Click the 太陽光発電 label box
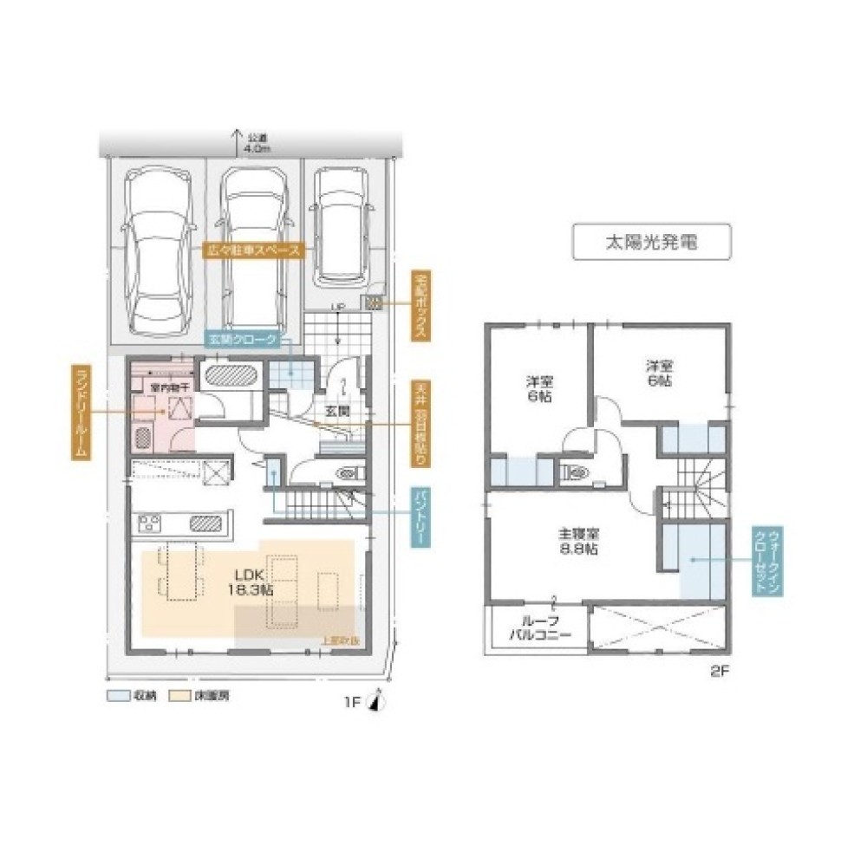click(x=651, y=243)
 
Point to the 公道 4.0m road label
click(x=258, y=143)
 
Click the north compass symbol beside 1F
click(x=374, y=703)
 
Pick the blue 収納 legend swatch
click(x=117, y=695)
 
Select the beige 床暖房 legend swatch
click(x=179, y=695)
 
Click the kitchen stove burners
click(x=150, y=523)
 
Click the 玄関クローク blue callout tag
click(x=242, y=340)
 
